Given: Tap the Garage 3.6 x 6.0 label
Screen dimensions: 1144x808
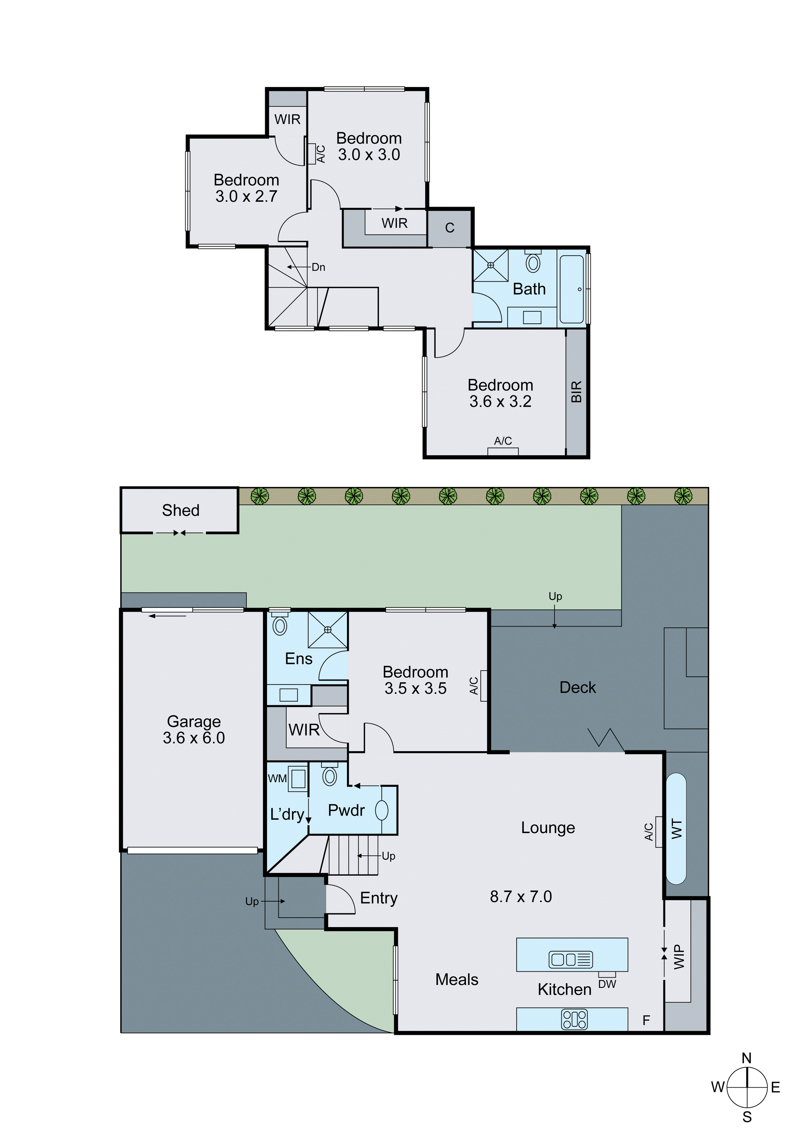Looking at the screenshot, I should click(194, 729).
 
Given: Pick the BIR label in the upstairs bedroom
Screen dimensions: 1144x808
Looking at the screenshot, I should click(576, 392).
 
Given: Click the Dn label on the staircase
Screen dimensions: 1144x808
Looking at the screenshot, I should click(318, 267).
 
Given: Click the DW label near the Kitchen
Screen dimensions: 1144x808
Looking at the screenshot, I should click(607, 984).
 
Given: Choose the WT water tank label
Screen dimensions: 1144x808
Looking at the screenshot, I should click(677, 829).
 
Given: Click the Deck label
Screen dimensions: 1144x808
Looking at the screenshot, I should click(577, 688).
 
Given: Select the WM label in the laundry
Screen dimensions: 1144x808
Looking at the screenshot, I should click(277, 778).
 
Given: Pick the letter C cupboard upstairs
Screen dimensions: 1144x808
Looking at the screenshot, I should click(450, 228).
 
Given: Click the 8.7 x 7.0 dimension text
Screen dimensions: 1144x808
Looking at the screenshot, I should click(521, 896).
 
